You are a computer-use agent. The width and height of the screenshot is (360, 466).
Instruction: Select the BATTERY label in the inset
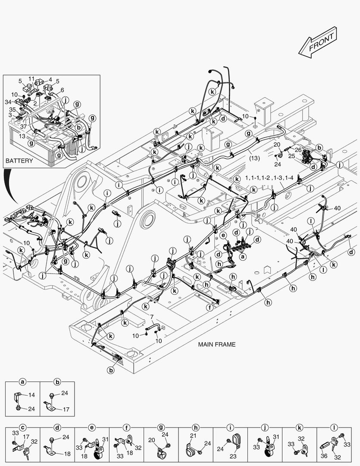pos(19,161)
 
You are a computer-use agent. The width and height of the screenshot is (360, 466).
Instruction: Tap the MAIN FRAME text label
pos(217,344)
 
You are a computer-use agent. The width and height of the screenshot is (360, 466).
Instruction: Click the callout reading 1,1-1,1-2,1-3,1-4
pos(269,178)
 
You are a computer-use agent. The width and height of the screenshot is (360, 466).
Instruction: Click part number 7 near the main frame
pos(152,317)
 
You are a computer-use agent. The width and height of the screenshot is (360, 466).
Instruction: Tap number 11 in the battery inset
pos(31,79)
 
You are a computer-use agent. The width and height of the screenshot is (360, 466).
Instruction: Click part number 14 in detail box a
pos(32,395)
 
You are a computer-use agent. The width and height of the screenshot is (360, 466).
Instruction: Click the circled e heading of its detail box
pos(91,428)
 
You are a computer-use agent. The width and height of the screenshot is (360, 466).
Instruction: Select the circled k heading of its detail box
pos(299,428)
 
